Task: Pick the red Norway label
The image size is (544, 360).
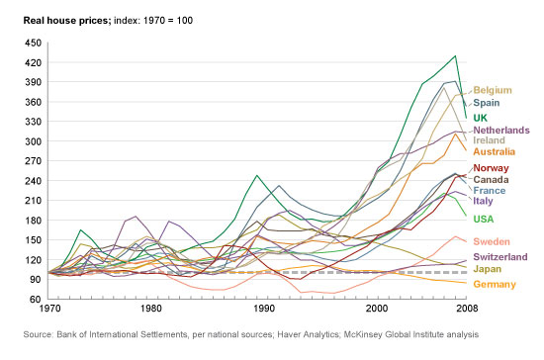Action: tap(492, 169)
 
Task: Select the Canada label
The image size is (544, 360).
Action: tap(492, 180)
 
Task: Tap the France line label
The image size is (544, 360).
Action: tap(490, 191)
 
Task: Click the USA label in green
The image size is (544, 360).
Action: tap(485, 218)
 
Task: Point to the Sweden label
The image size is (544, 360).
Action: tap(492, 241)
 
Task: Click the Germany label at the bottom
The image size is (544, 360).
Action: tap(495, 285)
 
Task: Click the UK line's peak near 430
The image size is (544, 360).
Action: tap(455, 56)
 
